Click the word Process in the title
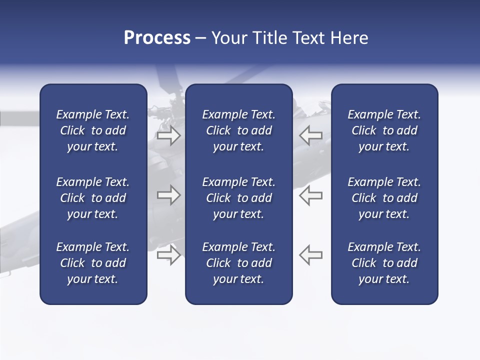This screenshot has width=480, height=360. point(157,38)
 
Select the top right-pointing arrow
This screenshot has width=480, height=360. point(168,135)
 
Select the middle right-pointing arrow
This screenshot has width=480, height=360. point(168,195)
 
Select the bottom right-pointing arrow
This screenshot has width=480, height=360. point(168,255)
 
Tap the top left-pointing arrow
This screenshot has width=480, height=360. point(310,135)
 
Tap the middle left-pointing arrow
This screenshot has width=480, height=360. point(310,195)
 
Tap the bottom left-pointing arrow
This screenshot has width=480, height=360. point(310,255)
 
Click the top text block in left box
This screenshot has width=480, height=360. point(93,130)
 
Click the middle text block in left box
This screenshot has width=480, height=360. point(93,198)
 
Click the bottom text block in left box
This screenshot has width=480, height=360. point(93,263)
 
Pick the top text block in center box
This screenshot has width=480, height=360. point(239,130)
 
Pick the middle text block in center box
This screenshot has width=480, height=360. point(239,198)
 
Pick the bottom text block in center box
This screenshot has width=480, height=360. point(239,263)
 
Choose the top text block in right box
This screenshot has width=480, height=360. point(384,130)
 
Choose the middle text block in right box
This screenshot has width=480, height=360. point(384,198)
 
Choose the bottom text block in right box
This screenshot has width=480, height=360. point(384,263)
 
